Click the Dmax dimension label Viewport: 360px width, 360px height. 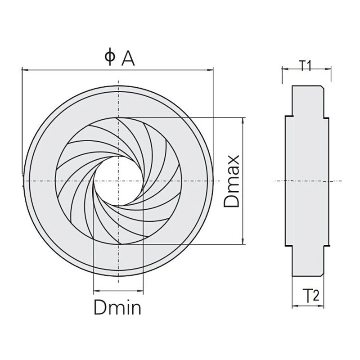coord(232,181)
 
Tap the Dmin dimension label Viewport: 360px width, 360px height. coord(117,307)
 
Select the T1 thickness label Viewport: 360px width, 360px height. coord(306,66)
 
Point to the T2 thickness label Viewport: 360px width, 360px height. coord(311,296)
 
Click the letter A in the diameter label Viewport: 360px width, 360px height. coord(128,58)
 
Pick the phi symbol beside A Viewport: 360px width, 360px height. coord(110,57)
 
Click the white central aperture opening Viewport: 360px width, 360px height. coord(118,181)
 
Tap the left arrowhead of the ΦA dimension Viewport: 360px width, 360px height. coord(25,69)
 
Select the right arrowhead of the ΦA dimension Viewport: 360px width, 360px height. coord(210,70)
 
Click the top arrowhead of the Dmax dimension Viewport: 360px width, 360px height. coord(243,120)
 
